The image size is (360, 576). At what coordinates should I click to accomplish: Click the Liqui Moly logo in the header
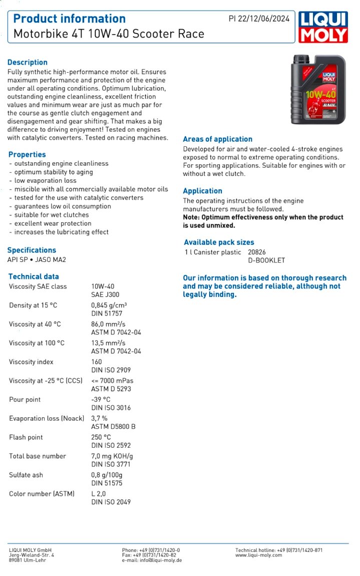(323, 27)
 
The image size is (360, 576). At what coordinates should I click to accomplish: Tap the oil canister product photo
(318, 90)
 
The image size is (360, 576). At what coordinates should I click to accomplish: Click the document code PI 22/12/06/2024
(259, 19)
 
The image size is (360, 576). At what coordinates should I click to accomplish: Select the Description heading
(28, 62)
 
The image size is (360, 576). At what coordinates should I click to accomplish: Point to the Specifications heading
(32, 250)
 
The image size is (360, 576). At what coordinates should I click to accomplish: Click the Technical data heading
(34, 276)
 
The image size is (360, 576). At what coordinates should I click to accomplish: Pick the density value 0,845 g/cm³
(109, 305)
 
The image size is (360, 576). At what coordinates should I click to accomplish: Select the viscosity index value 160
(97, 362)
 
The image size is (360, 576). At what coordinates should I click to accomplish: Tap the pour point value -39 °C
(101, 399)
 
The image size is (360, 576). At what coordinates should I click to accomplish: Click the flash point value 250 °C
(101, 437)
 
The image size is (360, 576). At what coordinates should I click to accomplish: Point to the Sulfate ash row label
(26, 475)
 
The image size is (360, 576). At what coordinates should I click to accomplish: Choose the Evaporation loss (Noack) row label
(47, 418)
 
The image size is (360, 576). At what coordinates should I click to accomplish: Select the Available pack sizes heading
(219, 242)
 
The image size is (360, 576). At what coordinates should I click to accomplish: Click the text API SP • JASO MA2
(37, 259)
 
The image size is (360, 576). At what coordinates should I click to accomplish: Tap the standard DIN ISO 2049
(111, 501)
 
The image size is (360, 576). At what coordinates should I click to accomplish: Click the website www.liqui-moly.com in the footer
(258, 555)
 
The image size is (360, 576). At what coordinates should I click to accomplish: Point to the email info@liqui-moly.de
(152, 560)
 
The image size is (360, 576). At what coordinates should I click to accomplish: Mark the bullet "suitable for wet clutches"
(51, 215)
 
